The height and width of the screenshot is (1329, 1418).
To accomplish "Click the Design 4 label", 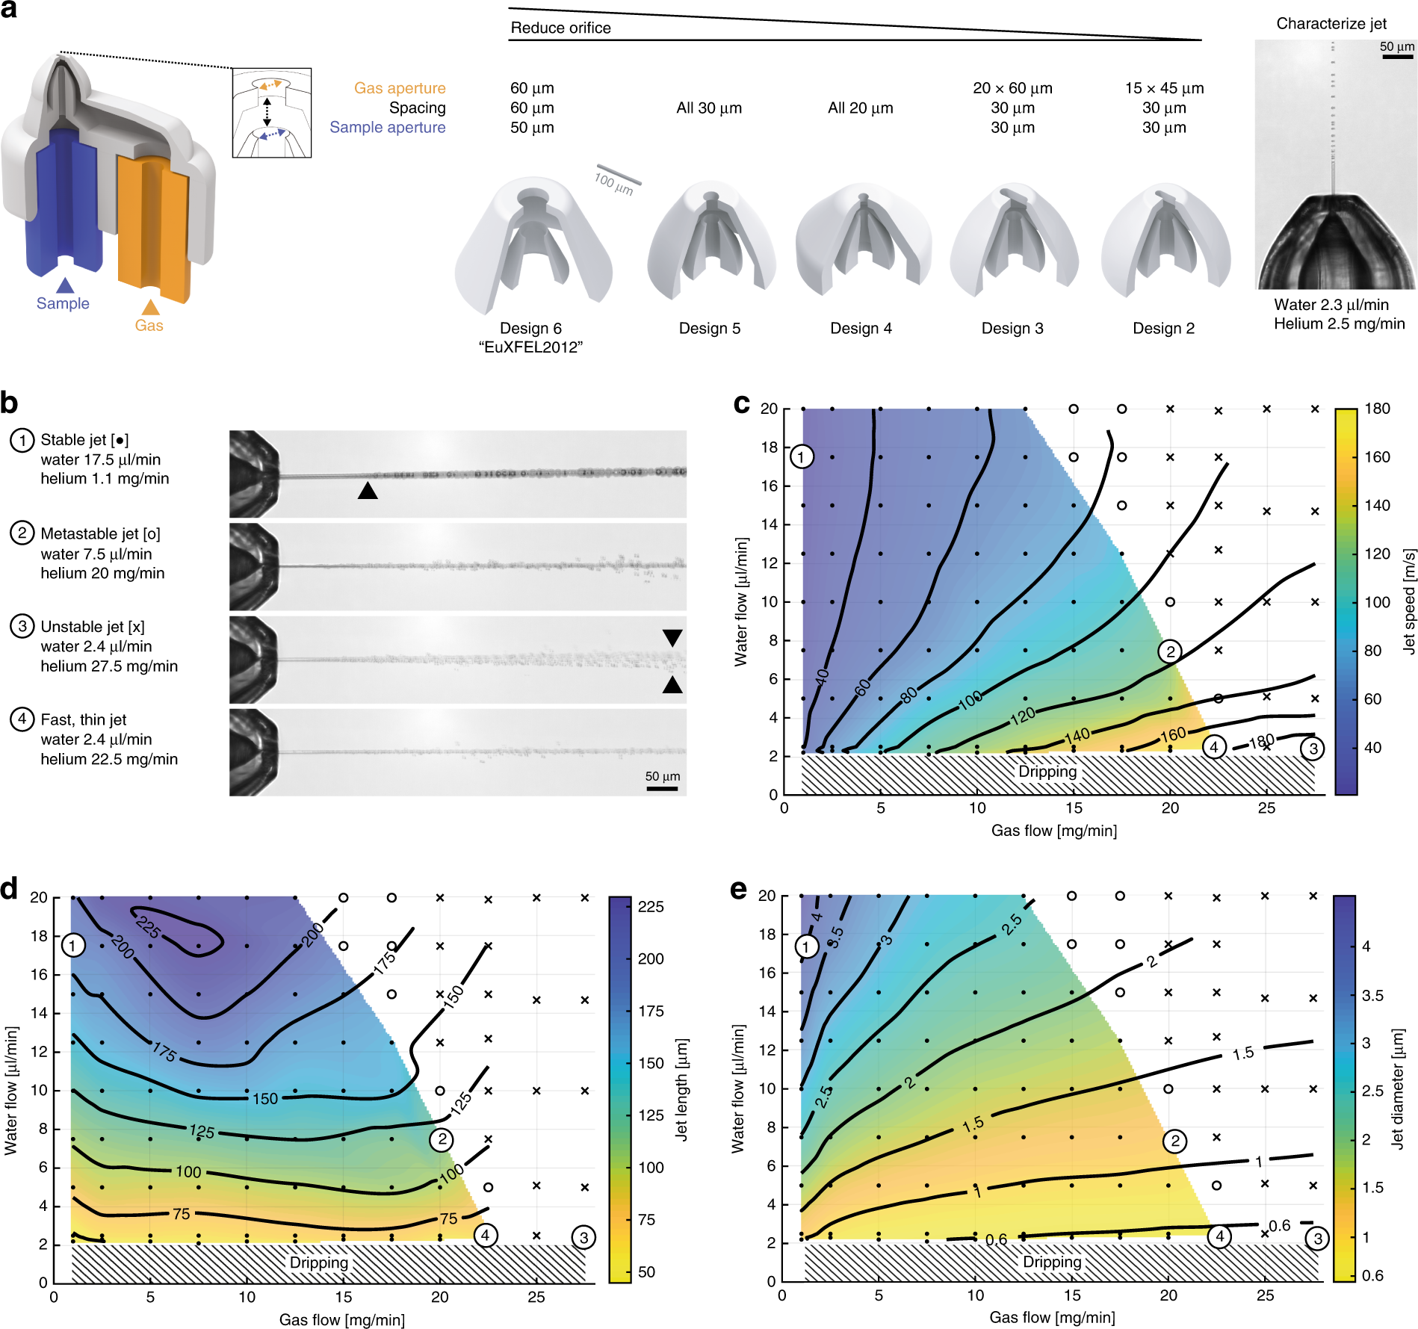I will (861, 329).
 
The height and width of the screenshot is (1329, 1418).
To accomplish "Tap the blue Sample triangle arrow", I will (65, 285).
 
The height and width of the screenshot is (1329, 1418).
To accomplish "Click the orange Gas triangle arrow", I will (151, 307).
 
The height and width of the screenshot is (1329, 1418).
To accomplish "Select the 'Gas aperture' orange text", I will (400, 88).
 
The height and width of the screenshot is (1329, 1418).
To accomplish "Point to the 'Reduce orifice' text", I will (560, 28).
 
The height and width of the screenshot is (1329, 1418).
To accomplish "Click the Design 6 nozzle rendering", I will (533, 243).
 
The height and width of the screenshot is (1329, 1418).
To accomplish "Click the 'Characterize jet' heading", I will (1331, 23).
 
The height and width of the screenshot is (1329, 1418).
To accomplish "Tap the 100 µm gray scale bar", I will (618, 175).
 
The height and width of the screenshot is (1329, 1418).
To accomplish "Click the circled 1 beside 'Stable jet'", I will (22, 440).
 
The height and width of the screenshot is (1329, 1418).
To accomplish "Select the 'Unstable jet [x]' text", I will (93, 627).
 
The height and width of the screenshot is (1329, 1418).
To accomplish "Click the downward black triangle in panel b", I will (672, 637).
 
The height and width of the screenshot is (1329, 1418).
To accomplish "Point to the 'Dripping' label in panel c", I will (1047, 772).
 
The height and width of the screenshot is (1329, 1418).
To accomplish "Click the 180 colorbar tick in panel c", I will (1377, 409).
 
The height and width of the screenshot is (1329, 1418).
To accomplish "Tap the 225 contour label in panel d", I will (148, 927).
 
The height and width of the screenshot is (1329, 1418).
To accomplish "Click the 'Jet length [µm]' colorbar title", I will (681, 1088).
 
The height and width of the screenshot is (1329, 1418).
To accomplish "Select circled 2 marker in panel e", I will (1174, 1141).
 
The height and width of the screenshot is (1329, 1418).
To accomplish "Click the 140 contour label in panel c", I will (1077, 736).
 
